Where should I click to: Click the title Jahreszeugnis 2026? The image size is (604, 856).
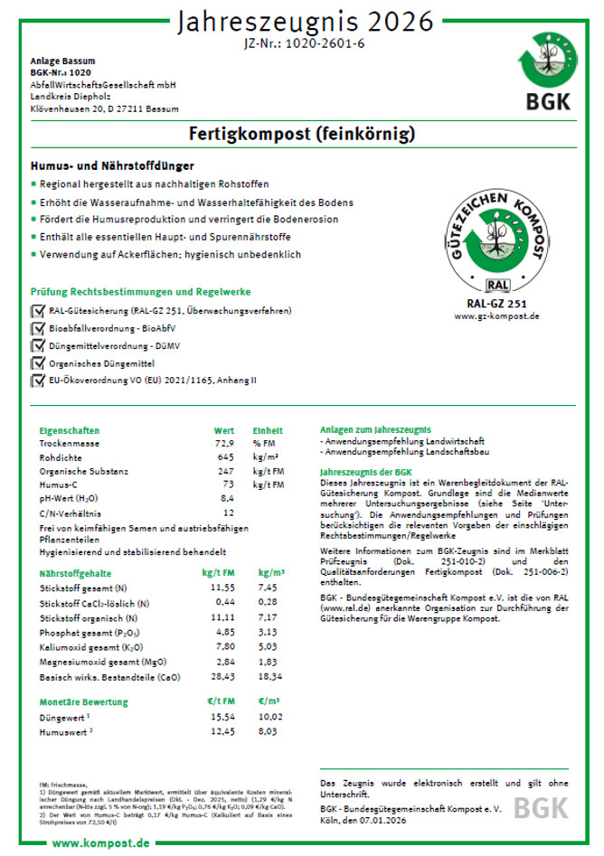click(x=303, y=21)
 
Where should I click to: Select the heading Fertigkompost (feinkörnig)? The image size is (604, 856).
click(x=302, y=135)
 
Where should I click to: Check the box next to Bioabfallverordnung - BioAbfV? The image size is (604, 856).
click(x=38, y=327)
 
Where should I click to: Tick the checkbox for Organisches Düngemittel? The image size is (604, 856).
click(x=38, y=362)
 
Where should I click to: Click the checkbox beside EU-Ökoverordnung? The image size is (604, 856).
click(x=38, y=381)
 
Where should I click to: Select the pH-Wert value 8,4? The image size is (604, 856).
click(x=227, y=498)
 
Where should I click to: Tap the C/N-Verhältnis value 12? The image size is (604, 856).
click(x=228, y=512)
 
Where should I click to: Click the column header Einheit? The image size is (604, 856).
click(x=268, y=431)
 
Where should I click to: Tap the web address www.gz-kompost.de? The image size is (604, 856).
click(x=496, y=317)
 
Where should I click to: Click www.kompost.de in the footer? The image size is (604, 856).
click(x=100, y=842)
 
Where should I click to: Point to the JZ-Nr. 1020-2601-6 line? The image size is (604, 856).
click(x=303, y=43)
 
